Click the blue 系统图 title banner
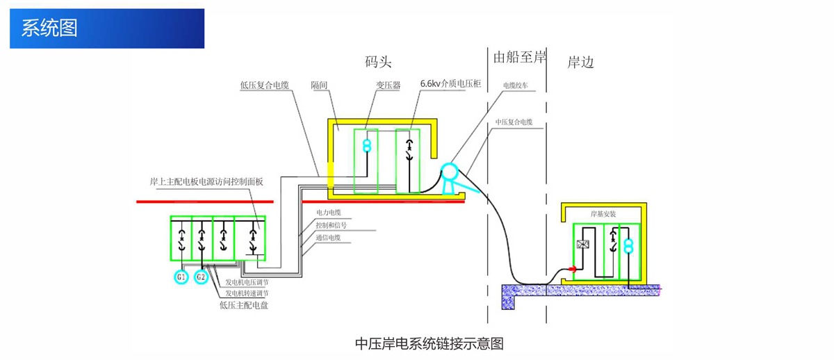coord(107,28)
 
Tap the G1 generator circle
coord(181,277)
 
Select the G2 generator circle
coord(201,277)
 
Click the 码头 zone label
coord(378,61)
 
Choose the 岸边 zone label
coord(580,62)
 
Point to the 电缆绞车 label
coord(516,86)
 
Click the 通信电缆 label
coord(329,237)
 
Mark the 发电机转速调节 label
coord(247,293)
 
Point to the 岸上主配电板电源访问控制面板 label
coord(206,182)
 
